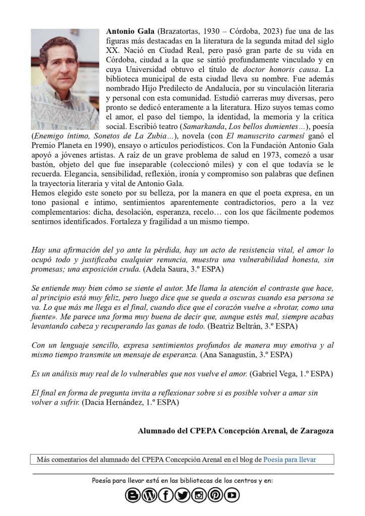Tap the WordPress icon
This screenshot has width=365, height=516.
click(x=149, y=496)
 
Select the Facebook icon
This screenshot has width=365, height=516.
click(x=166, y=496)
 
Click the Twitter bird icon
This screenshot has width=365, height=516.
click(x=182, y=496)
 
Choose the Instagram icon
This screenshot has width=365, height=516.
click(x=199, y=496)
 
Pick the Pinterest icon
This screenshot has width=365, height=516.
click(x=215, y=496)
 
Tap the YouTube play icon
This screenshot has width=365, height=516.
click(x=232, y=496)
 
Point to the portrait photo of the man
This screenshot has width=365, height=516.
click(x=65, y=80)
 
